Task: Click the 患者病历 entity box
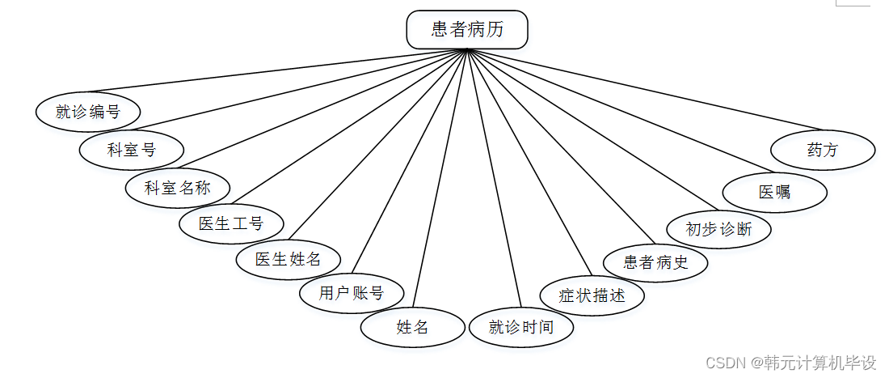click(x=467, y=30)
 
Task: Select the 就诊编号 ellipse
click(x=88, y=112)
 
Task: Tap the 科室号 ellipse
click(x=132, y=150)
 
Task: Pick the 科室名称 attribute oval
click(x=178, y=188)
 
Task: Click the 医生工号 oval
click(x=231, y=223)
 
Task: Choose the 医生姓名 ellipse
click(x=289, y=259)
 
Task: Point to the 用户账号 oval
click(x=352, y=292)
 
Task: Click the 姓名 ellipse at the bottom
click(x=412, y=327)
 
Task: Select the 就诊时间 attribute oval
click(x=521, y=327)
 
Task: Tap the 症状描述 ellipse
click(x=592, y=295)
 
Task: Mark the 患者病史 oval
click(x=656, y=261)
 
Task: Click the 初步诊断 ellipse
click(x=718, y=229)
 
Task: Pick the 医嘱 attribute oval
click(x=774, y=192)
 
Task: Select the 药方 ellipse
click(x=823, y=150)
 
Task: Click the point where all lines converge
click(x=467, y=50)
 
